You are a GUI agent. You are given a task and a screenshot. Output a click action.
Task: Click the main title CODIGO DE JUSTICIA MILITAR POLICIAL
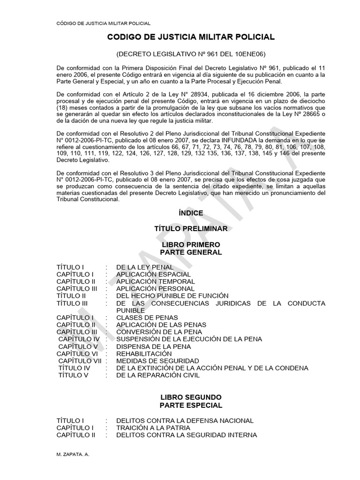coord(191,37)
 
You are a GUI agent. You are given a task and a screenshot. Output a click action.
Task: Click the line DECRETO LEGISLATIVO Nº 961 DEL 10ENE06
coord(191,54)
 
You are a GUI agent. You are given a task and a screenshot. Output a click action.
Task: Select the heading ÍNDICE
coord(191,213)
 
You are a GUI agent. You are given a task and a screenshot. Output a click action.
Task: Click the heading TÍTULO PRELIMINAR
coord(191,229)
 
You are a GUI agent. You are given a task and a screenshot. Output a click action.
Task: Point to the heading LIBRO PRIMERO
coord(191,245)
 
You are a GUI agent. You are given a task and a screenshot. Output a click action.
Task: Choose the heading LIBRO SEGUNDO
coord(191,397)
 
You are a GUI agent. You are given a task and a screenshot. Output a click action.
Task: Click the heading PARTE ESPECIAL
coord(191,405)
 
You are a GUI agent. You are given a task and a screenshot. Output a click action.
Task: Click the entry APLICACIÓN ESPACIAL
coord(153,274)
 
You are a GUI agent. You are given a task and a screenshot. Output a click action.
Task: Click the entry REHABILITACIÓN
coord(144,353)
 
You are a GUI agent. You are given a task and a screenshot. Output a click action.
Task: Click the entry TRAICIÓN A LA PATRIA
coord(153,428)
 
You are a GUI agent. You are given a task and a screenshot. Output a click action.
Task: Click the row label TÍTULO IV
coord(74,368)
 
